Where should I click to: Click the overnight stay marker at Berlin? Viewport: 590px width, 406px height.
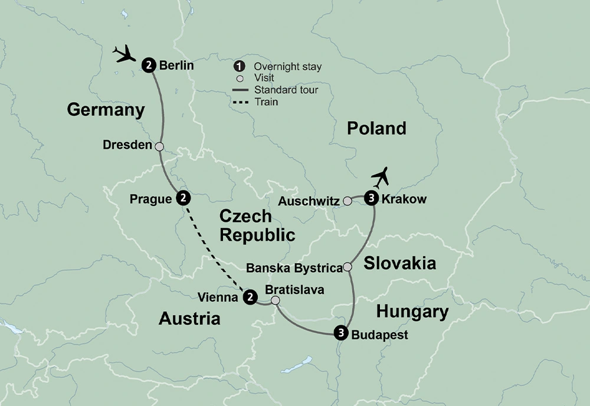click(149, 66)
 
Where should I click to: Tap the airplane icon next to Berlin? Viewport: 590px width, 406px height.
click(124, 55)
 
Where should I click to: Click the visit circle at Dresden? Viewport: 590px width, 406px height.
click(159, 146)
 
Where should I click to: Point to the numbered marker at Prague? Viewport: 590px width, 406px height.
click(183, 198)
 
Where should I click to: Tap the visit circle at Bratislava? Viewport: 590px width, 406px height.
click(276, 301)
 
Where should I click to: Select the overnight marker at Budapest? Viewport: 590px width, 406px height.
click(340, 333)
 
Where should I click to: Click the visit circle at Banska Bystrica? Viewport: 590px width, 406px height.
click(348, 267)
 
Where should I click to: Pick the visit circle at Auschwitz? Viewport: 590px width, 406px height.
click(348, 201)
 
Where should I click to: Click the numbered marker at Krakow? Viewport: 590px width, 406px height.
click(371, 199)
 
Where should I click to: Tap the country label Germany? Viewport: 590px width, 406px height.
click(106, 110)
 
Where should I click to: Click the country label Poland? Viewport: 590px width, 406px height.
click(376, 128)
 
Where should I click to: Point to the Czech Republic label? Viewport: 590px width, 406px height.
click(257, 225)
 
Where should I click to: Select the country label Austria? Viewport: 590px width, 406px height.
click(189, 319)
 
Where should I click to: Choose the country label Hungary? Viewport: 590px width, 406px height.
click(412, 311)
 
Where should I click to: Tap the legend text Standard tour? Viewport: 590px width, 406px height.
click(286, 90)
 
